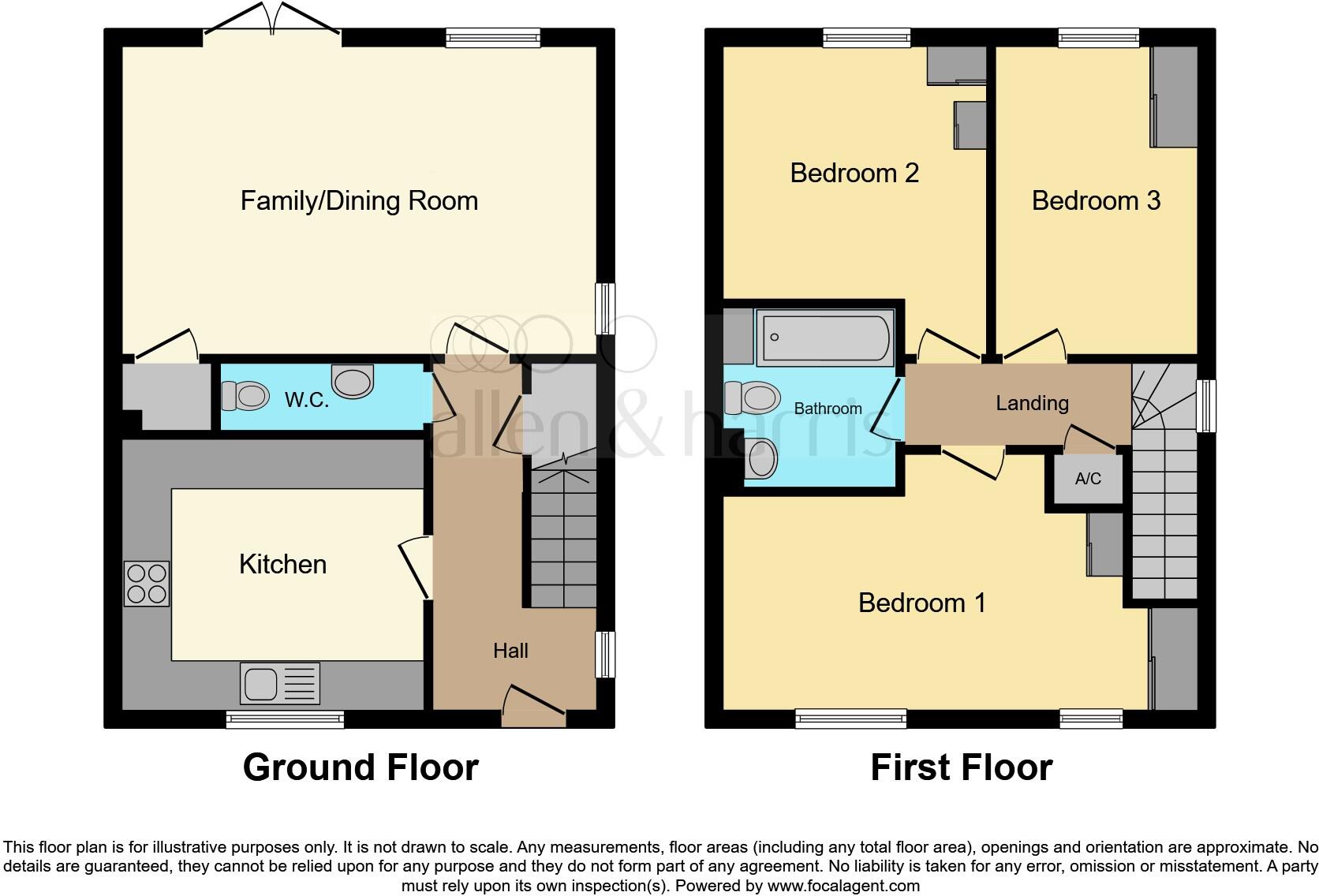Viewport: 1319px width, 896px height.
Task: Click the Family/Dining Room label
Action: click(x=359, y=201)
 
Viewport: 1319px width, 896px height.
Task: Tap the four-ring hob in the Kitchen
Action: click(x=147, y=584)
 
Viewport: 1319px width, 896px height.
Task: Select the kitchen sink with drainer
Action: click(x=280, y=683)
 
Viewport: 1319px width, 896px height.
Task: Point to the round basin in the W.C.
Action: click(x=352, y=382)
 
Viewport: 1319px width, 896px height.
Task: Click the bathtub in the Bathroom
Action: click(x=824, y=338)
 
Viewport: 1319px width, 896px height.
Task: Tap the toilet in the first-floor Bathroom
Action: click(x=751, y=398)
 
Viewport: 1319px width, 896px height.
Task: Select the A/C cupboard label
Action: click(x=1088, y=479)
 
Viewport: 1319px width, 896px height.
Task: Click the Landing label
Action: click(x=1032, y=403)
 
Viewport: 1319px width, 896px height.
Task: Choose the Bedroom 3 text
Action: click(x=1096, y=201)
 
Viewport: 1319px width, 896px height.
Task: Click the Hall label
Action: click(x=510, y=651)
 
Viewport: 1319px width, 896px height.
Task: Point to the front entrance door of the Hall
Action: click(x=533, y=707)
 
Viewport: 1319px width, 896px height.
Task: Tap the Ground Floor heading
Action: click(x=361, y=767)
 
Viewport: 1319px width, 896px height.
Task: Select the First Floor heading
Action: click(x=961, y=767)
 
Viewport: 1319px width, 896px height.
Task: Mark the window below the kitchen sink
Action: click(x=285, y=719)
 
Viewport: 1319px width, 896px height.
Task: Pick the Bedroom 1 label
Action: click(x=921, y=603)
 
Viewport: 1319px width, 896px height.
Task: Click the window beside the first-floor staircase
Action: click(x=1206, y=406)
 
